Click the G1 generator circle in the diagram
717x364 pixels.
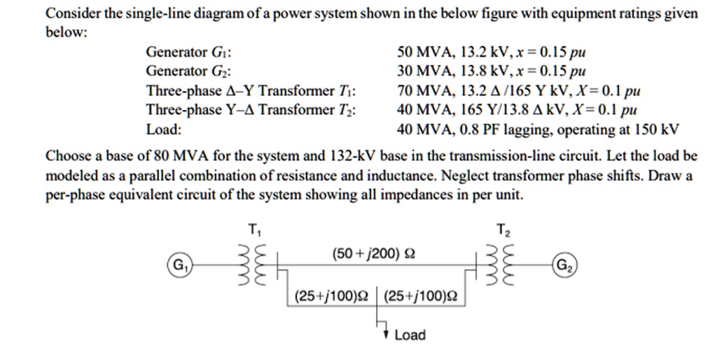pos(178,266)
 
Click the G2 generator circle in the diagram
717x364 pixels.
pos(566,266)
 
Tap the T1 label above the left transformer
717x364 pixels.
pos(253,229)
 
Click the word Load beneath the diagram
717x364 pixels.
pos(410,335)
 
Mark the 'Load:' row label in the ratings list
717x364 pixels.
pos(163,129)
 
